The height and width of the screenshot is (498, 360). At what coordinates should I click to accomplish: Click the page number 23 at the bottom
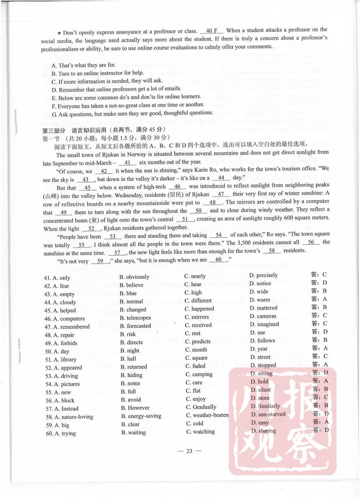(189, 451)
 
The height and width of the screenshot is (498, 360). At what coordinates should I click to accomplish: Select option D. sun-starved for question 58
(268, 414)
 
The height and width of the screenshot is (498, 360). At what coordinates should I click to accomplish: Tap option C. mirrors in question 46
(197, 317)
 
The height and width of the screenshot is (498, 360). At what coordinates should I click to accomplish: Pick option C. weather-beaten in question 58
(207, 415)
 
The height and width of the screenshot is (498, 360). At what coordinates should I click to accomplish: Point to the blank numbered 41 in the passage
(127, 163)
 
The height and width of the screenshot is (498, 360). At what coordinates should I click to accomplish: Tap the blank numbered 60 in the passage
(219, 260)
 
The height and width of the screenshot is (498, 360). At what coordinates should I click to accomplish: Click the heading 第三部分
(54, 131)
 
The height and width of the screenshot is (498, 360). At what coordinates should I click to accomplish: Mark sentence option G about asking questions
(132, 114)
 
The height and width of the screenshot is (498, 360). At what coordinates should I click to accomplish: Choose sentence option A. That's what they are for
(83, 65)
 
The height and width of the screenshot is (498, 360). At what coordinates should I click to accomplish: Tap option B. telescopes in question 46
(135, 318)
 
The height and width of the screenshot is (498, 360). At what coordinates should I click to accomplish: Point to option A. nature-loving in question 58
(69, 417)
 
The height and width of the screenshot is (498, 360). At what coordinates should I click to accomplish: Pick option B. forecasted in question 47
(135, 326)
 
